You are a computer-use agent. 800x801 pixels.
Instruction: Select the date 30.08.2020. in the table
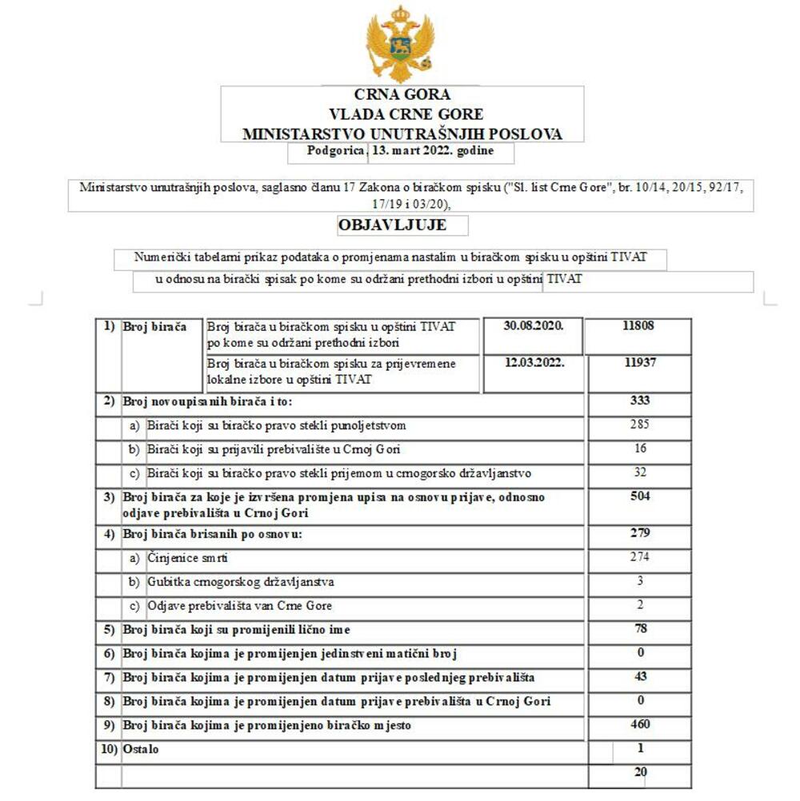coord(534,327)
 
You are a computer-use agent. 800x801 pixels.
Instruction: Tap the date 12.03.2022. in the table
coord(534,363)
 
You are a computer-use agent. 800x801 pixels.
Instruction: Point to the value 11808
coord(639,327)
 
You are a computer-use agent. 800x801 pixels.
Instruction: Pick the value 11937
coord(640,363)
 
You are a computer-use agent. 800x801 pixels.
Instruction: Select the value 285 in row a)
coord(640,424)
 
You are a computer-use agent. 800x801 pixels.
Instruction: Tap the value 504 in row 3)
coord(640,496)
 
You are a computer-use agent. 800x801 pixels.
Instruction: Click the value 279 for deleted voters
coord(640,533)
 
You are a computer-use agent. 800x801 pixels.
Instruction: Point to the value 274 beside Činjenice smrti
coord(640,557)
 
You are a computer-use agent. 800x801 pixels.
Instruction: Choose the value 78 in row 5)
coord(640,629)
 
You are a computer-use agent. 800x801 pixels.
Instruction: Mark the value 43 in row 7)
coord(640,677)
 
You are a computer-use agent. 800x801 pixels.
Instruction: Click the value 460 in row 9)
coord(640,725)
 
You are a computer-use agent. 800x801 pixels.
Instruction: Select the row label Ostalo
coord(141,750)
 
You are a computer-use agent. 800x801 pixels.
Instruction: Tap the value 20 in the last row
coord(640,772)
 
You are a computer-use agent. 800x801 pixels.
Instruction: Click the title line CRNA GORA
coord(402,95)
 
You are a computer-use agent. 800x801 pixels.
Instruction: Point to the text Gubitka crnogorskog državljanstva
coord(241,582)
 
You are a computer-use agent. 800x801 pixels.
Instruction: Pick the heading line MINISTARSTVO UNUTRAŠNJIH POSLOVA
coord(402,134)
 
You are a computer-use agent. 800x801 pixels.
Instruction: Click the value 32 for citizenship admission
coord(640,472)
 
